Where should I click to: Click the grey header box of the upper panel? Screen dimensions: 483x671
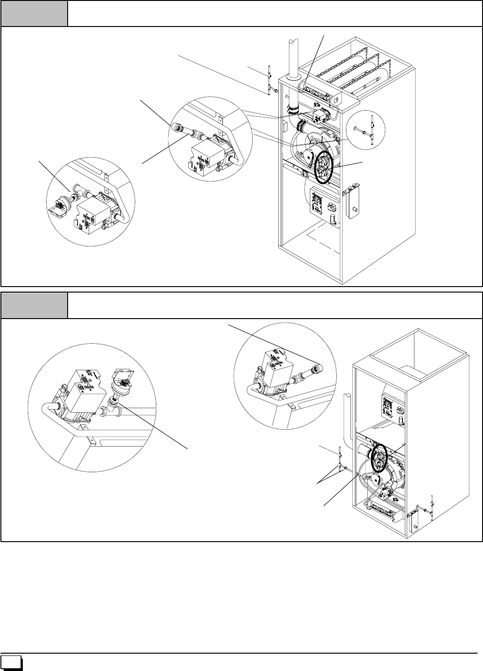point(34,13)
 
